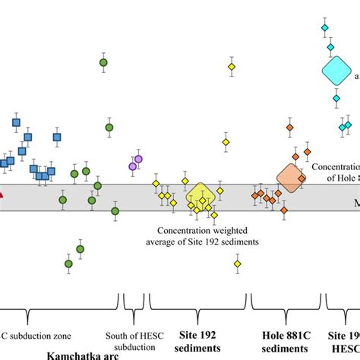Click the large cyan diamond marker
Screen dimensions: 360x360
tap(334, 71)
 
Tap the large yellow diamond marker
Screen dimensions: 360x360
tap(201, 196)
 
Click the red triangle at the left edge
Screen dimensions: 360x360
tap(2, 198)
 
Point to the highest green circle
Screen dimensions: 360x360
tap(104, 62)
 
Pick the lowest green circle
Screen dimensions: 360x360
tap(68, 264)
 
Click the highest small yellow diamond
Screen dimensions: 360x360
tap(232, 68)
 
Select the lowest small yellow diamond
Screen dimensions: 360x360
tap(238, 264)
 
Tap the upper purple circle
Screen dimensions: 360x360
tap(138, 159)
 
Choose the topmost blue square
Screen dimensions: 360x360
tap(16, 122)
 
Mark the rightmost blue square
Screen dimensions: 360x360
tap(57, 137)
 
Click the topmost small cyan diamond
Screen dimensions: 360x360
tap(324, 28)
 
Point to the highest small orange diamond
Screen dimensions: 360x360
tap(289, 128)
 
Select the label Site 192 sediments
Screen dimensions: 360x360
tap(198, 340)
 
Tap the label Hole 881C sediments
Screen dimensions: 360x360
tap(286, 340)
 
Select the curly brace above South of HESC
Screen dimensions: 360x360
tap(134, 314)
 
